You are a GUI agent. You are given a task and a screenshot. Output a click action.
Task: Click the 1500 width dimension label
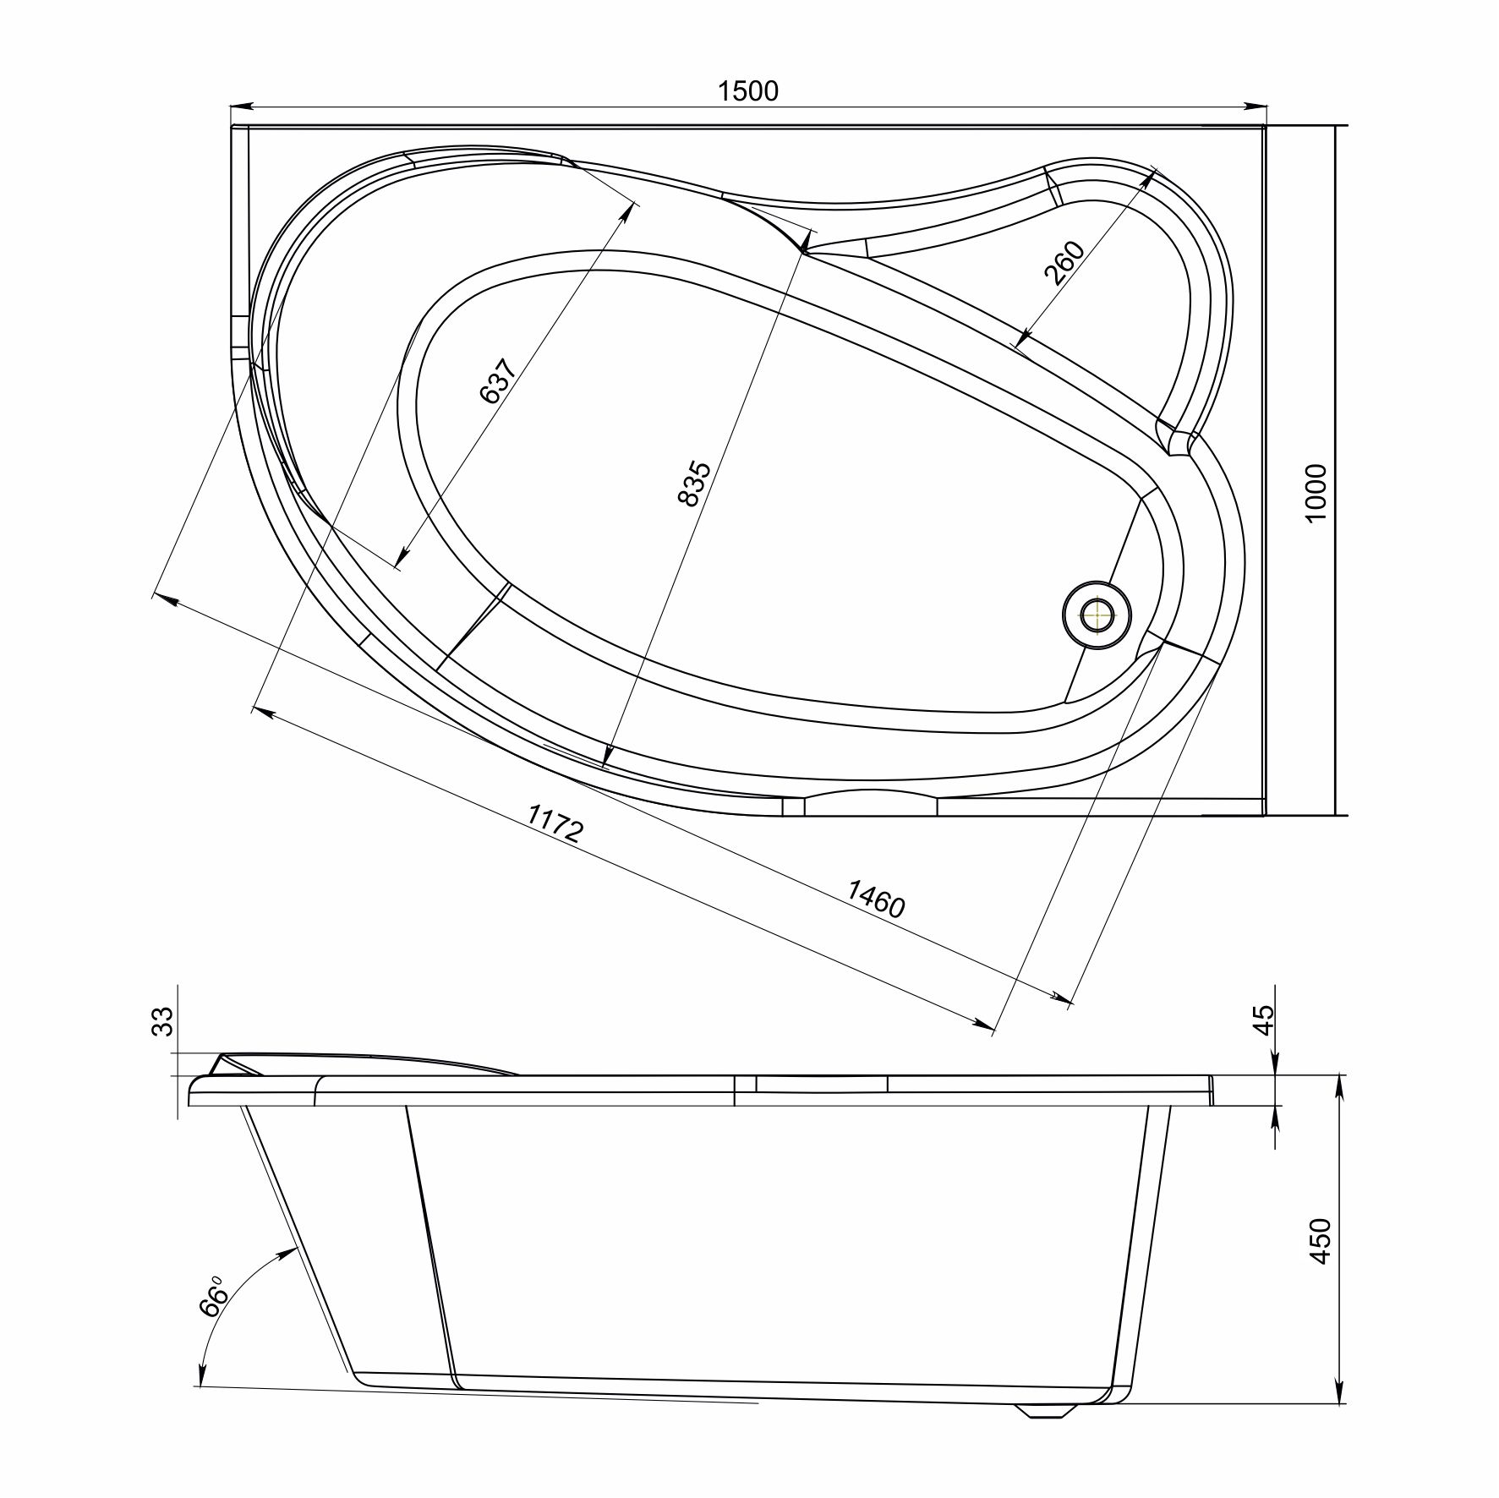click(x=748, y=90)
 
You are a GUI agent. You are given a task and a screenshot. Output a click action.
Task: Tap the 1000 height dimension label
click(x=1316, y=494)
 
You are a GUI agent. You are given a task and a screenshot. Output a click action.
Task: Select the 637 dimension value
click(x=497, y=381)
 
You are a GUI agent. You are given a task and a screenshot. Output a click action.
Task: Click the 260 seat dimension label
click(x=1064, y=265)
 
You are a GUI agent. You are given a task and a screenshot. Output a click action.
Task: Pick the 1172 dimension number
click(x=555, y=823)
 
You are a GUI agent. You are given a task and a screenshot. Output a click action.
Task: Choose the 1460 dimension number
click(x=876, y=899)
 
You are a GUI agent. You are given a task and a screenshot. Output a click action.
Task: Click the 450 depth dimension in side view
click(x=1319, y=1241)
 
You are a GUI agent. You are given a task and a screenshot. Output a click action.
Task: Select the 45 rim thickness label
click(x=1262, y=1020)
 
